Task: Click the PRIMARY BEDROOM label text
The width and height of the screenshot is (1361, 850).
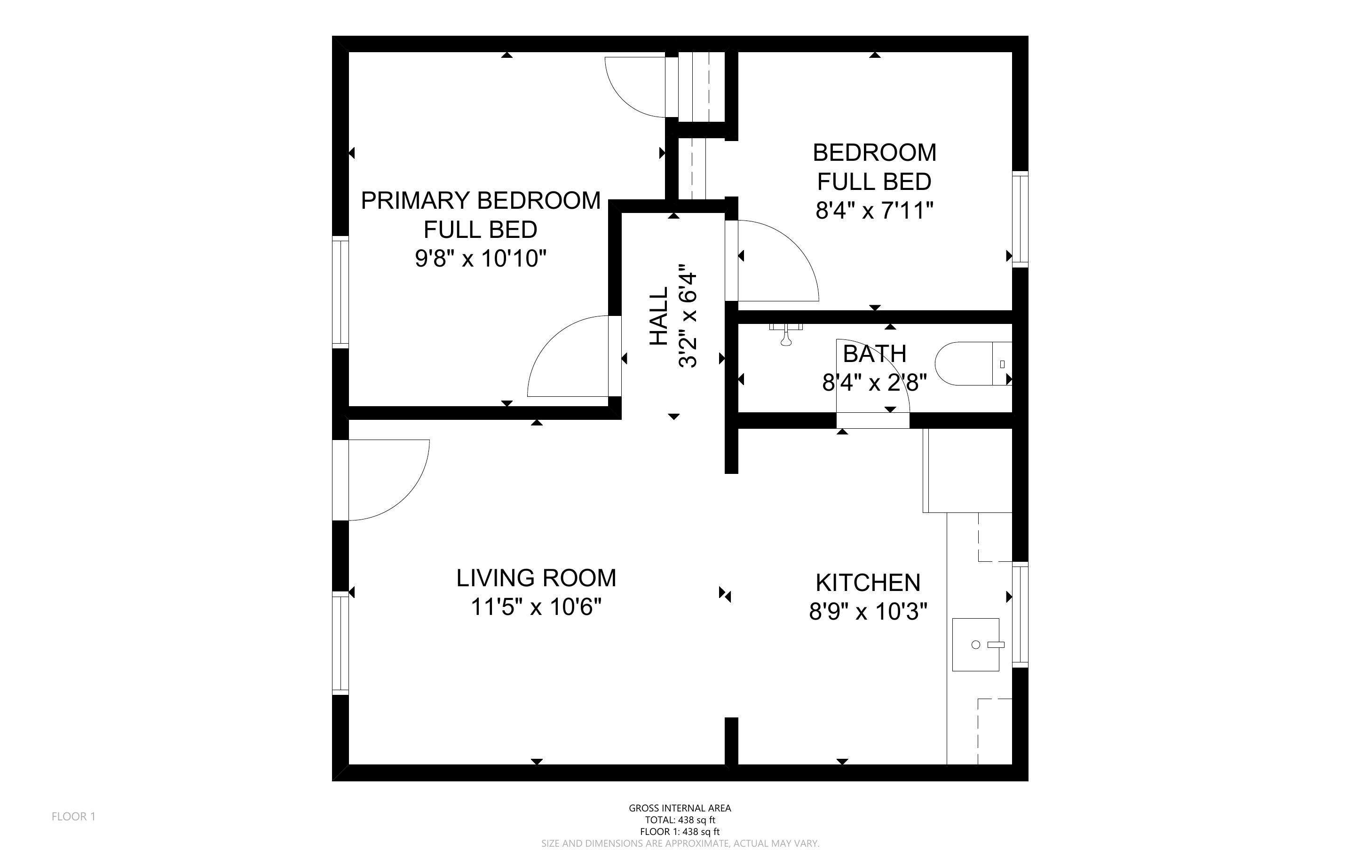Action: tap(481, 201)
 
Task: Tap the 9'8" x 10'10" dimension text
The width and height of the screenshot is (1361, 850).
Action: tap(481, 259)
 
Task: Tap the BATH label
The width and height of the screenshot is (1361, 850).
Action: tap(874, 354)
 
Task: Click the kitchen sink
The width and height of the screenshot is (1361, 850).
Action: tap(976, 645)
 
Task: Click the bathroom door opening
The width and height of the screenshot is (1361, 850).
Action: tap(872, 420)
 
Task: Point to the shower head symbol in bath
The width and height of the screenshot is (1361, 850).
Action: tap(786, 334)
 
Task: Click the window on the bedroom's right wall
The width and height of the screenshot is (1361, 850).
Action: tap(1020, 219)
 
